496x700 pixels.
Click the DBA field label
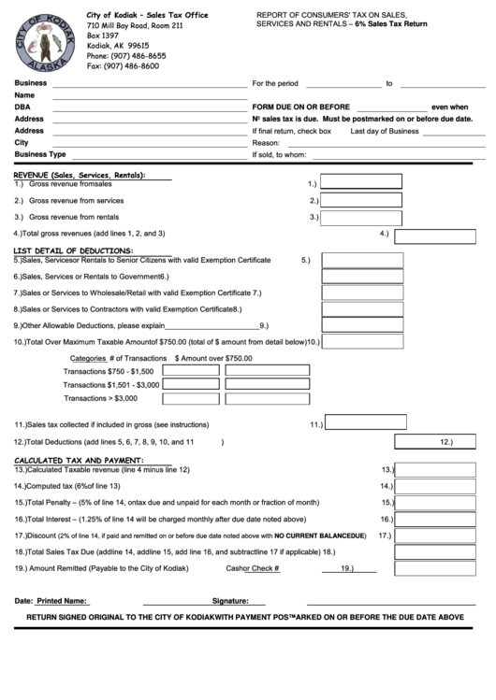(22, 107)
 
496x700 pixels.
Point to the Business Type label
(40, 154)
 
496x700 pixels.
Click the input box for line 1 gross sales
(361, 183)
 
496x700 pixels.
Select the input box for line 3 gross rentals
(361, 217)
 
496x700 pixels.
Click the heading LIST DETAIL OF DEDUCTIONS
(73, 250)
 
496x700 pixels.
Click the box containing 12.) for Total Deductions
(440, 441)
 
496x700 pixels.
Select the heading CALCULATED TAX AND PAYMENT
(78, 461)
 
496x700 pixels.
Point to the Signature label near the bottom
(230, 601)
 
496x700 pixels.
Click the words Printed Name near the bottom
(62, 601)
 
